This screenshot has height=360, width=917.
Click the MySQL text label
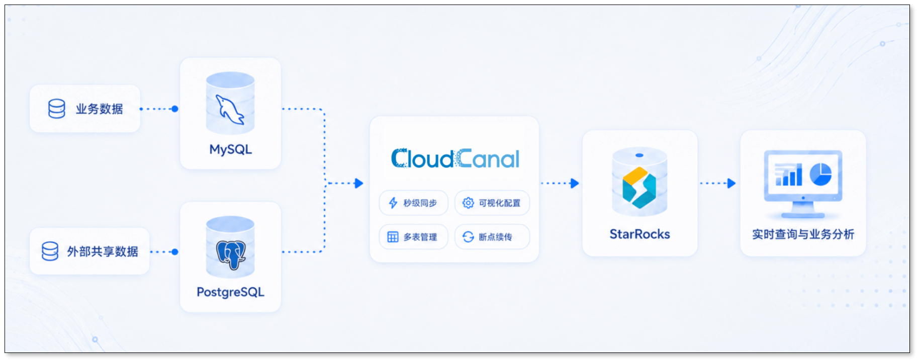pyautogui.click(x=230, y=149)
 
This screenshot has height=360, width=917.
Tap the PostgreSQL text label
pyautogui.click(x=230, y=292)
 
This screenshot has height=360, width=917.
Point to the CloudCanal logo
pyautogui.click(x=455, y=159)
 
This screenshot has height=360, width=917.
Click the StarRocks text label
pyautogui.click(x=639, y=234)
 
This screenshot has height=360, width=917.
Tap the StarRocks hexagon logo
pyautogui.click(x=639, y=188)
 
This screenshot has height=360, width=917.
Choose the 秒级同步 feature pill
pyautogui.click(x=413, y=203)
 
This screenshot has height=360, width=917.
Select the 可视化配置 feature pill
pyautogui.click(x=492, y=203)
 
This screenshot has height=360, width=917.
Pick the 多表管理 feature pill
pyautogui.click(x=413, y=237)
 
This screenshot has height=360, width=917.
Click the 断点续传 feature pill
pyautogui.click(x=492, y=237)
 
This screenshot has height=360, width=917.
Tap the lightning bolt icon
pyautogui.click(x=393, y=203)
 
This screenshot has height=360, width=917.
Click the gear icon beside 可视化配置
pyautogui.click(x=468, y=203)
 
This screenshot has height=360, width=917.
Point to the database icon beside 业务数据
pyautogui.click(x=56, y=109)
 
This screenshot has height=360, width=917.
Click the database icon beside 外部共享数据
pyautogui.click(x=50, y=251)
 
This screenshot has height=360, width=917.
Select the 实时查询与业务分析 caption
pyautogui.click(x=803, y=234)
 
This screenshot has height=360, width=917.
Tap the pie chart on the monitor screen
pyautogui.click(x=820, y=174)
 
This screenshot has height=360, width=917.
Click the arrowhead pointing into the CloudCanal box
pyautogui.click(x=358, y=183)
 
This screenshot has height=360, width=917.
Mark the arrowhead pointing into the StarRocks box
pyautogui.click(x=575, y=183)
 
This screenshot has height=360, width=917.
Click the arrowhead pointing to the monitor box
pyautogui.click(x=731, y=183)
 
